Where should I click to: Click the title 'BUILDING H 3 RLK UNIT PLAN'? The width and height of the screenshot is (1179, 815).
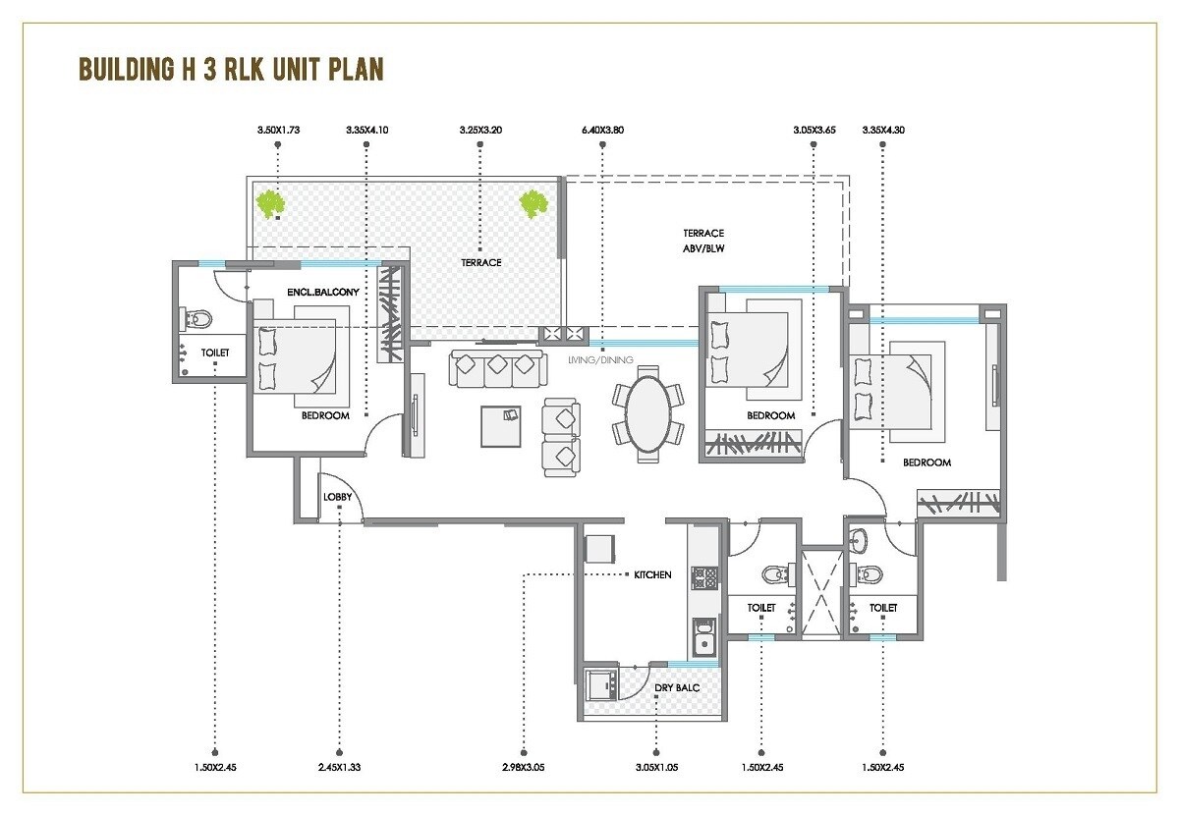coord(231,71)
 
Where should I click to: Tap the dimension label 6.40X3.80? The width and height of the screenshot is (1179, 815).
coord(602,130)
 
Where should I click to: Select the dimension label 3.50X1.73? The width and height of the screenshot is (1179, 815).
coord(278,130)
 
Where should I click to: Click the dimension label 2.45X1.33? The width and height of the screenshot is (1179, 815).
coord(339,768)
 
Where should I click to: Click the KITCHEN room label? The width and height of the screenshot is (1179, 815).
coord(652,574)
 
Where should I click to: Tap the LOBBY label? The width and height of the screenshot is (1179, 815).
coord(337,497)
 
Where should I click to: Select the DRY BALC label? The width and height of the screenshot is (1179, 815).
coord(677,688)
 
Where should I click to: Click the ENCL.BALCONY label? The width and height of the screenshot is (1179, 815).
coord(324,293)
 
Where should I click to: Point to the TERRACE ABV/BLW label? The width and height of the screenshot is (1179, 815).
coord(703,241)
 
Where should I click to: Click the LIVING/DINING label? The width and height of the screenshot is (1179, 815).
coord(600,359)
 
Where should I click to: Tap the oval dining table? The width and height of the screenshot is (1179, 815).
coord(647,412)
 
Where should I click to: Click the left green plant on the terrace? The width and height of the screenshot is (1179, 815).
coord(270,203)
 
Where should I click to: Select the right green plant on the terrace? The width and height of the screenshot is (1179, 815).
coord(533,203)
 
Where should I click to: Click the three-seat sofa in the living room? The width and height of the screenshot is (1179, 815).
coord(497,368)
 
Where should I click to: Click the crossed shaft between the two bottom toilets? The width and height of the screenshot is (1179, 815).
coord(821,592)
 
